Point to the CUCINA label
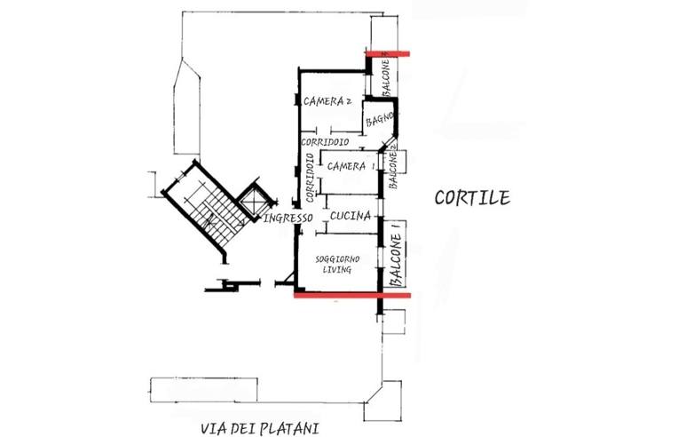click(x=350, y=216)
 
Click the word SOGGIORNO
click(x=337, y=258)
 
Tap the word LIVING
click(x=337, y=270)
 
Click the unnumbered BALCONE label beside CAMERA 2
click(x=387, y=78)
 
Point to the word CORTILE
click(x=472, y=197)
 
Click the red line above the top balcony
click(x=387, y=53)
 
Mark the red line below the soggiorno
click(x=351, y=294)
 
